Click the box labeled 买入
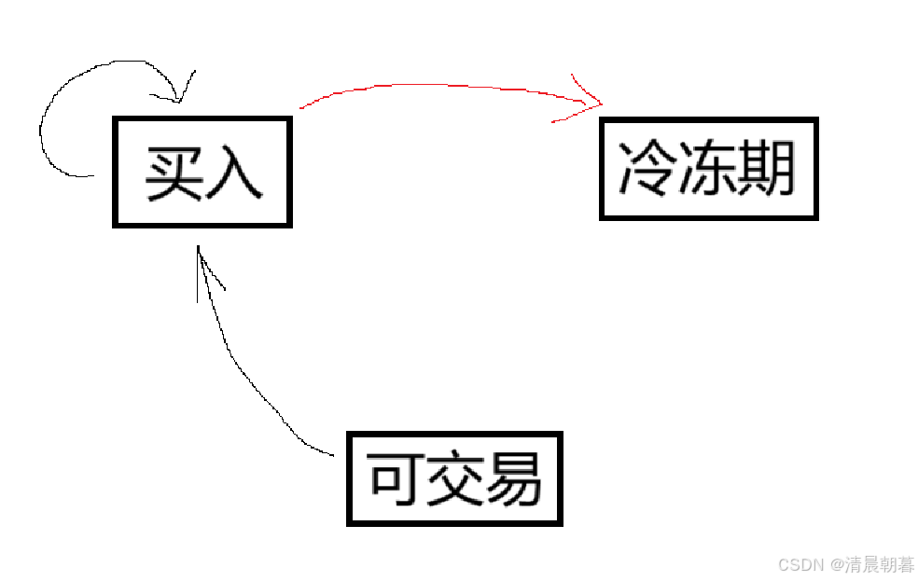coord(202,173)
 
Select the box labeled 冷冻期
coord(708,169)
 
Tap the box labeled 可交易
coord(454,478)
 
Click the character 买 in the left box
coord(174,173)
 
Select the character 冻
coord(707,169)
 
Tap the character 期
coord(765,169)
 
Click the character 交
coord(454,479)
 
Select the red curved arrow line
coord(438,87)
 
